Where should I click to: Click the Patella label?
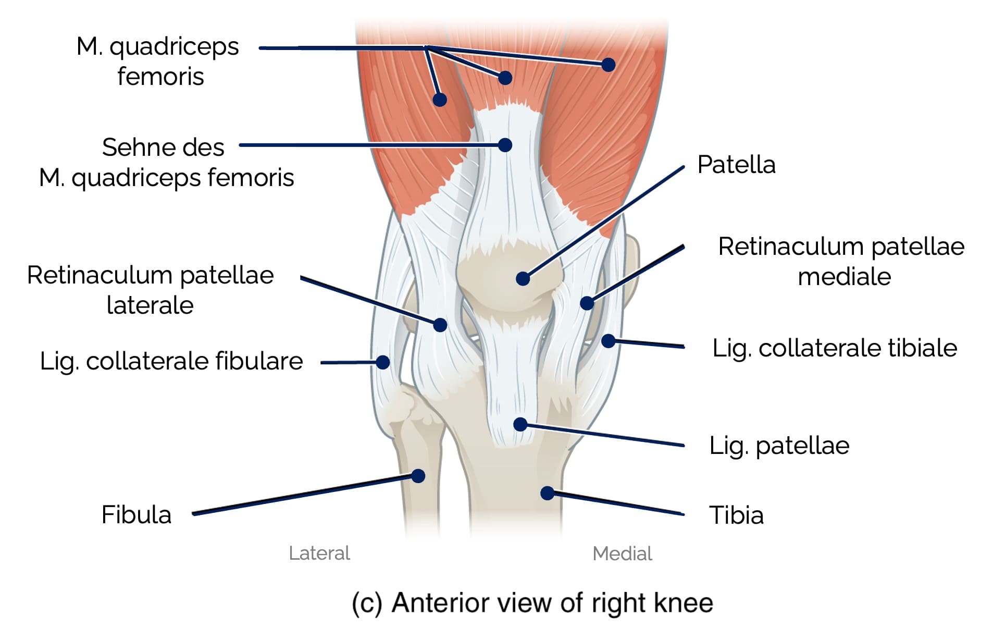point(736,165)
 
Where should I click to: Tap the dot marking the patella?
point(523,278)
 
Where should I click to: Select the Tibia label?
point(736,515)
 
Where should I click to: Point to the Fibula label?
point(136,514)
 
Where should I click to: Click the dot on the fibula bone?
point(418,475)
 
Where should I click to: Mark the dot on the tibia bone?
point(547,492)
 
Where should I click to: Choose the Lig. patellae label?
point(779,446)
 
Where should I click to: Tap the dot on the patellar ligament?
point(520,424)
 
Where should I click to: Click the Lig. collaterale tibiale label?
point(834,348)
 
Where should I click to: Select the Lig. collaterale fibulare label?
point(171,361)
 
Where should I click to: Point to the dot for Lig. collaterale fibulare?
point(383,362)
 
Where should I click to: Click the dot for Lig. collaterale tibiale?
point(608,341)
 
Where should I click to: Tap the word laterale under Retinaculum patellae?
point(150,305)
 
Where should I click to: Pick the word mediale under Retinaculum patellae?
point(844,276)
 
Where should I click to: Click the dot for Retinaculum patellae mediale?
point(587,303)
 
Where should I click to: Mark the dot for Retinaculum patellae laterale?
point(440,325)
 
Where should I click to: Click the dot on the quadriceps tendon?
point(504,144)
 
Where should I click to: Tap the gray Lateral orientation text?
point(319,553)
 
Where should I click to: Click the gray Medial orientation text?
point(622,553)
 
